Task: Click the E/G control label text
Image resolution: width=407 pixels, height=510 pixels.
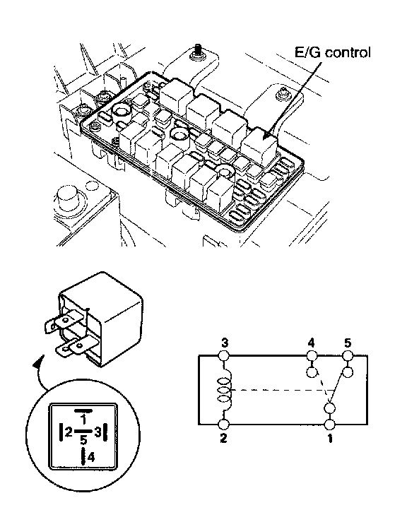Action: (x=332, y=53)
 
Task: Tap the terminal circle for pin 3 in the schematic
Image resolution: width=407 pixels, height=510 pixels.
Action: (x=225, y=355)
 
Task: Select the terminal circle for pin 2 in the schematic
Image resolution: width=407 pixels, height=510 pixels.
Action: (x=224, y=425)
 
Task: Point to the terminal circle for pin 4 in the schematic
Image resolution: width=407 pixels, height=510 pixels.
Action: (x=312, y=355)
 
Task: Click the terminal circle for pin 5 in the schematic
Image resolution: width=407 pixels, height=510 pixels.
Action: (x=348, y=355)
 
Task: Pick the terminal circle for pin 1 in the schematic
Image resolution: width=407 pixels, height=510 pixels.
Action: (x=330, y=425)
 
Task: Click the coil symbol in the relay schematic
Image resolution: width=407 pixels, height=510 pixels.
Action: (x=224, y=391)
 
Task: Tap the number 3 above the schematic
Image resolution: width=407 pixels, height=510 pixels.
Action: (x=225, y=343)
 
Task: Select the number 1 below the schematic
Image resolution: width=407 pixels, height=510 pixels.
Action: (x=330, y=439)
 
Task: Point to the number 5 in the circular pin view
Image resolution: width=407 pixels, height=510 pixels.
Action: (x=83, y=440)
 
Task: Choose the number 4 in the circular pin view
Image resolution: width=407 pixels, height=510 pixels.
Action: (x=91, y=457)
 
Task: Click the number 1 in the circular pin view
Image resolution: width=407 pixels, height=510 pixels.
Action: (x=83, y=420)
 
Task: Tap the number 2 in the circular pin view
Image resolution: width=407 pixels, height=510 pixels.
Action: (x=69, y=432)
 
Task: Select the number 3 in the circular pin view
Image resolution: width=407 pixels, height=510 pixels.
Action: (x=98, y=432)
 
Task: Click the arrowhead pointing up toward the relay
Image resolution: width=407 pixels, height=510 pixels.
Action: (x=39, y=362)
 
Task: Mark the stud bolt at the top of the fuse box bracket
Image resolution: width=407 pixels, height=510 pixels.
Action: (x=197, y=52)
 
